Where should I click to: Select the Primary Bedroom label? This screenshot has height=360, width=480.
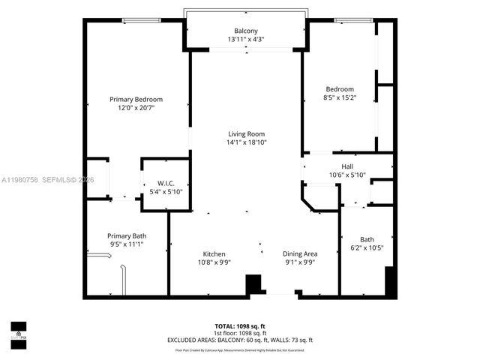[x=136, y=99]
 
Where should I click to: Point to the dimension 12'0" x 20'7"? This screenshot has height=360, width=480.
[x=136, y=108]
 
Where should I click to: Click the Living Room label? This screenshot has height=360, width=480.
[x=247, y=133]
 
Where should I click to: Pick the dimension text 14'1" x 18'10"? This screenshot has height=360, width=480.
[x=247, y=142]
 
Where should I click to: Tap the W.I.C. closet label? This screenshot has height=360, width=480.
[x=165, y=183]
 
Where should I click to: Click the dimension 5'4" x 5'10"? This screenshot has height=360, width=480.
[x=165, y=192]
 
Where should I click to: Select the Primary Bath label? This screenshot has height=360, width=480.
[x=126, y=235]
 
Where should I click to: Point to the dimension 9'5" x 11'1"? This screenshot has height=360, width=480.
[x=126, y=244]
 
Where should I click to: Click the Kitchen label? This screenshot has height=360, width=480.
[x=214, y=253]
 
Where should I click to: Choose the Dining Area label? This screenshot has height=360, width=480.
[x=300, y=253]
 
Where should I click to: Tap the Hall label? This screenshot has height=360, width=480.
[x=346, y=166]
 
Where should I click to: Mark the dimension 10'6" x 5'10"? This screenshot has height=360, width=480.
[x=346, y=175]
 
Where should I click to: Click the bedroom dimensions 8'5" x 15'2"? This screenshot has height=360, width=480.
[x=340, y=97]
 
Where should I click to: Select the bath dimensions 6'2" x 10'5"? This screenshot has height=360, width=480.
[x=367, y=248]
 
